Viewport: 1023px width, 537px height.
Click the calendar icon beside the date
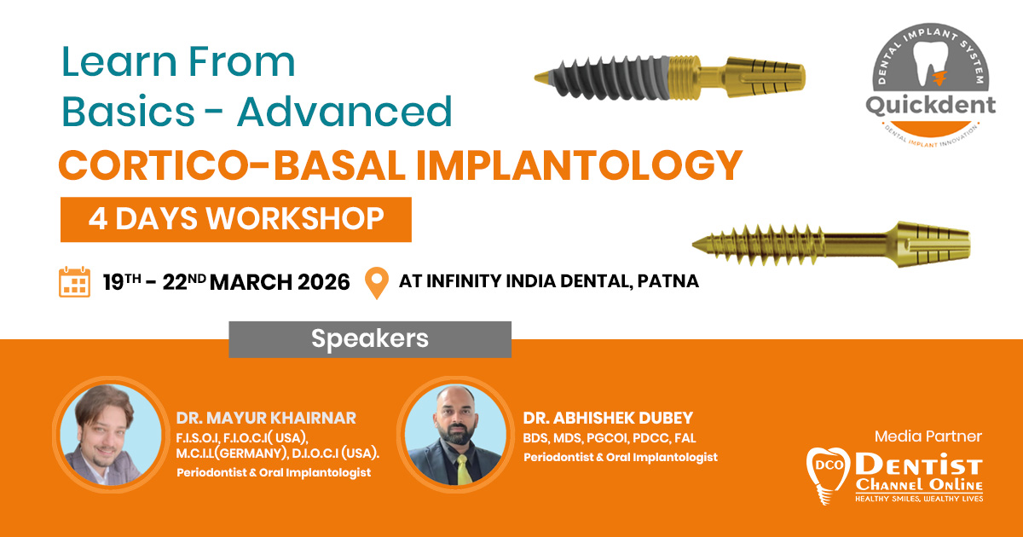coord(74,282)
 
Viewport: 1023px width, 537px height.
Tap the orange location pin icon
coord(377,283)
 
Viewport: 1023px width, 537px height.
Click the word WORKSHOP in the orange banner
coord(295,219)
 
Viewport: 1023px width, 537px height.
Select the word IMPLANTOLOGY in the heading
coord(579,165)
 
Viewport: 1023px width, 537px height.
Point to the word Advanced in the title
coord(344,111)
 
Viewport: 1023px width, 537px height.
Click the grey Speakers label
coord(370,339)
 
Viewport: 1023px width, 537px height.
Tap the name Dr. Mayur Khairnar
coord(266,418)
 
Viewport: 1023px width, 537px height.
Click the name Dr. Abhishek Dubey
coord(608,418)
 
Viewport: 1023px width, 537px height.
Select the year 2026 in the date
coord(324,282)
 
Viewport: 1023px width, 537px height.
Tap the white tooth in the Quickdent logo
coord(930,64)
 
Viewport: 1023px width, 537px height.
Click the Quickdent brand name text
coord(931,106)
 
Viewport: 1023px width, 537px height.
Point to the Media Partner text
coord(928,436)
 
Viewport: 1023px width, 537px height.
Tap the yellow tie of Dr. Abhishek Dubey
coord(463,471)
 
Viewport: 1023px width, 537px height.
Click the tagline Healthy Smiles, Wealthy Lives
coord(919,499)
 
